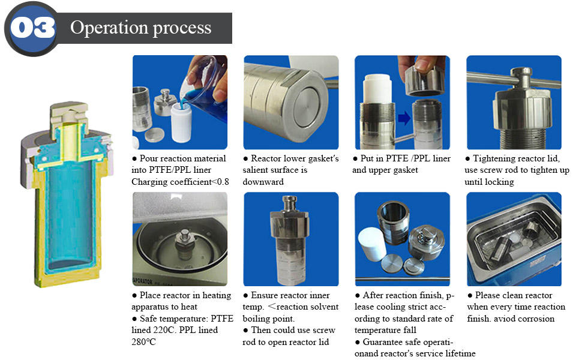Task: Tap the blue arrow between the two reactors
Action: (404, 118)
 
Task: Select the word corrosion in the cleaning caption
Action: (538, 319)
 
